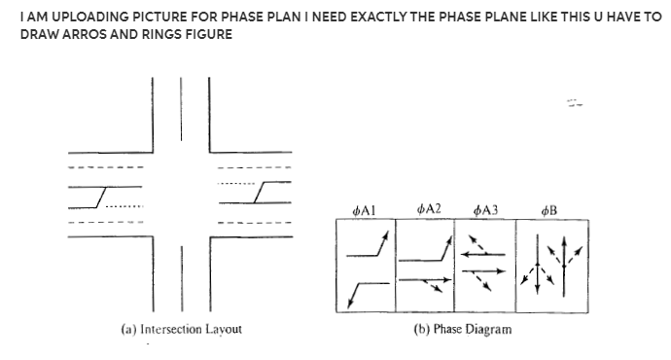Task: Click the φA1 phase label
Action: tap(366, 209)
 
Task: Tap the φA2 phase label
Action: tap(428, 208)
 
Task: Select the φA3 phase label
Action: tap(484, 209)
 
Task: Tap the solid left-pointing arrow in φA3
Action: tap(484, 255)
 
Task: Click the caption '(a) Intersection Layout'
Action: tap(182, 329)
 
